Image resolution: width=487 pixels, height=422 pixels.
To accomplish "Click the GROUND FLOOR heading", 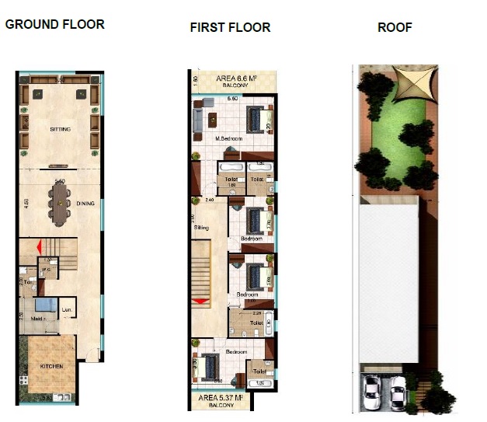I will click(x=54, y=24).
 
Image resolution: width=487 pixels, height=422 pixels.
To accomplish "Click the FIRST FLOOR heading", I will click(x=230, y=27).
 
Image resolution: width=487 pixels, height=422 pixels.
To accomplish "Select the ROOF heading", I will click(x=395, y=27).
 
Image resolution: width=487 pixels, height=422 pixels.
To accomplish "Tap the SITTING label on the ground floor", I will click(x=59, y=129).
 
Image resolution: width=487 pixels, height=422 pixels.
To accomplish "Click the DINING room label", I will click(x=85, y=204).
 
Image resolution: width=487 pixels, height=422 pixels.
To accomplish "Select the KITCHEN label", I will click(x=52, y=366).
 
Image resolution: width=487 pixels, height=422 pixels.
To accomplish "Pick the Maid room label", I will click(x=37, y=319).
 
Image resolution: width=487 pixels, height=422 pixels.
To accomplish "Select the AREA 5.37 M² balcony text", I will click(x=230, y=398).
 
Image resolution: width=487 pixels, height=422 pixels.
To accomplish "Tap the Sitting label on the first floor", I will click(x=201, y=228).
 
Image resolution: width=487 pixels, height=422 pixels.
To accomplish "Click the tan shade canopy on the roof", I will click(x=409, y=83).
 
